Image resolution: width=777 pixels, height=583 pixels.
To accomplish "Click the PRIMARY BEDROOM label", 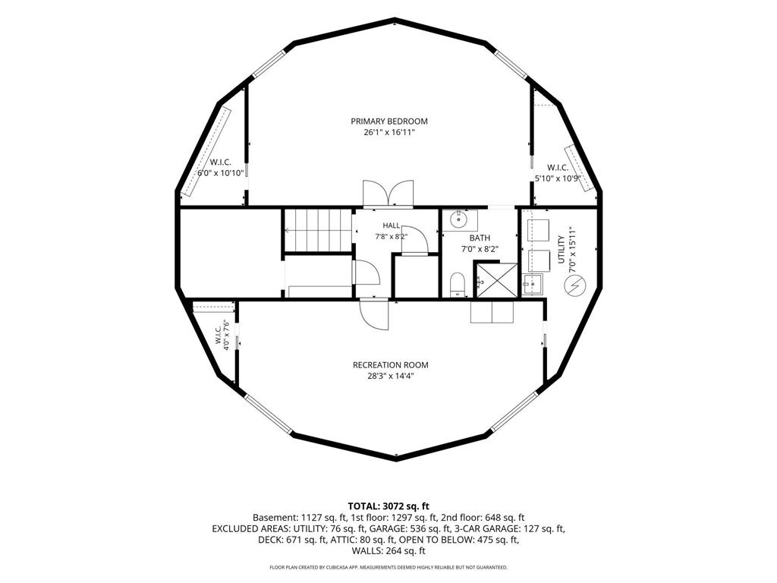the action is pos(389,121).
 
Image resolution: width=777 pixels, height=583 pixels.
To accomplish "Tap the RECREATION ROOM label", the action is pos(391,365).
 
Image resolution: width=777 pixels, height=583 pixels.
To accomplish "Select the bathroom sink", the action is pos(459,219).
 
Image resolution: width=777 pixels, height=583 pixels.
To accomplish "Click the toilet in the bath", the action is pos(458,285).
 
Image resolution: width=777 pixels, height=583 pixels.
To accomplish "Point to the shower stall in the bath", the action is pos(496,281).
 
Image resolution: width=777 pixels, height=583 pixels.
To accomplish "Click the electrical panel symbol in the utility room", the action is pos(575,285).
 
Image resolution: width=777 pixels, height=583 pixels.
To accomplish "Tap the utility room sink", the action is pos(532,284).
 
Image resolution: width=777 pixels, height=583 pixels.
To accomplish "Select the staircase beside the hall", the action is pos(317,231).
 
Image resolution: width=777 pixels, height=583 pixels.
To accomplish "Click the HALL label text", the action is pos(391,225).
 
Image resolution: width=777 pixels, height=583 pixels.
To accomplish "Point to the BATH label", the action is pos(480,238).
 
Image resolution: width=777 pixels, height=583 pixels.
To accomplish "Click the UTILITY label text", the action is pos(562,250).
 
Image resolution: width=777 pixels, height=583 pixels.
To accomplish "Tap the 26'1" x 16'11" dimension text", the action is pos(389,132).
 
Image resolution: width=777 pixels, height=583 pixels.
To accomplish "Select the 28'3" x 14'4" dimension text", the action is pos(391,377).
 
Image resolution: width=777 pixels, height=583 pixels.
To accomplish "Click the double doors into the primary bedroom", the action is pos(388,193).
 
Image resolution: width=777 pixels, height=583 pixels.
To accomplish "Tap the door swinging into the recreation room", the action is pos(374,315).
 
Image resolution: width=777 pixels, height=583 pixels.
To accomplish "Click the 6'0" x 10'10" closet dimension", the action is pos(221,173).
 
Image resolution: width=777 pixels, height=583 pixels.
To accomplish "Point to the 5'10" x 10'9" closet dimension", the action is pos(558,178).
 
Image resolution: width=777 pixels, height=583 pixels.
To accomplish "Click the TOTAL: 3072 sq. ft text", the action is pos(388,506).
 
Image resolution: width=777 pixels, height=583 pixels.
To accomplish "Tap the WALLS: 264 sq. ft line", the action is pos(388,551).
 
